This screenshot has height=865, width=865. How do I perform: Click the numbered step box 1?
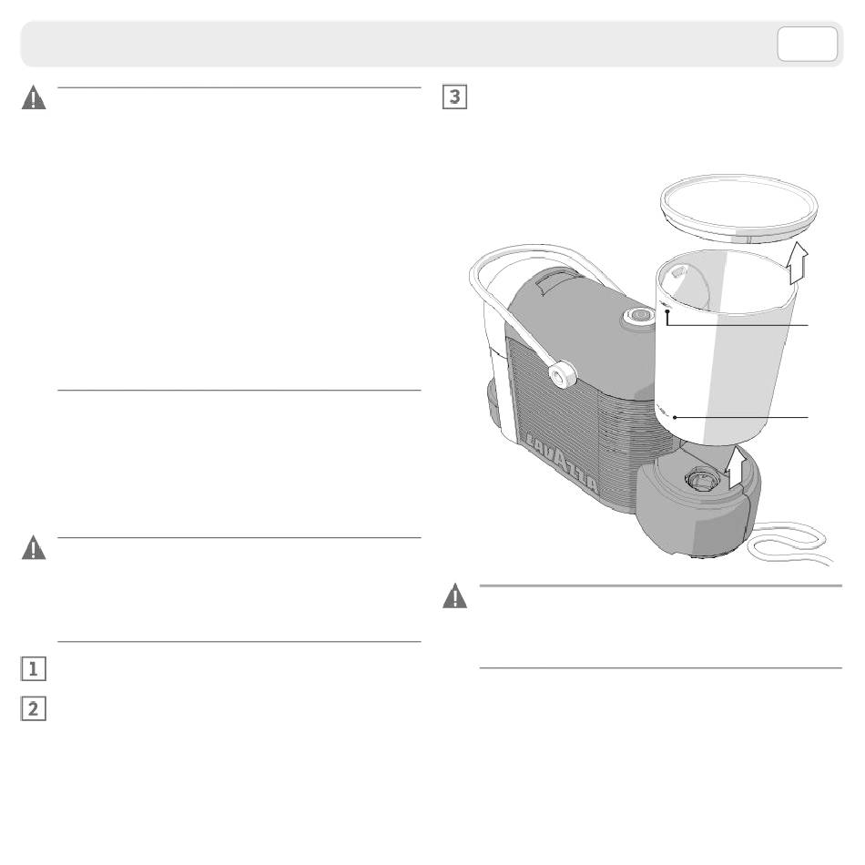tap(33, 669)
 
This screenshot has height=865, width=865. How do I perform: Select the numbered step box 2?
tap(33, 708)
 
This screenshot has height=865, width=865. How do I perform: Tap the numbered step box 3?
tap(454, 97)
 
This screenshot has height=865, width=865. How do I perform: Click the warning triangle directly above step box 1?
tap(34, 547)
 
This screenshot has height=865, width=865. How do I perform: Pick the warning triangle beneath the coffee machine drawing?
tap(454, 595)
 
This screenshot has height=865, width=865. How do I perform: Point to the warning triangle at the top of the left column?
tap(34, 97)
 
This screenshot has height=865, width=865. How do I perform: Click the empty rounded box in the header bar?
tap(807, 44)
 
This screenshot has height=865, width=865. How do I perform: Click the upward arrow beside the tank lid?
tap(798, 262)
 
